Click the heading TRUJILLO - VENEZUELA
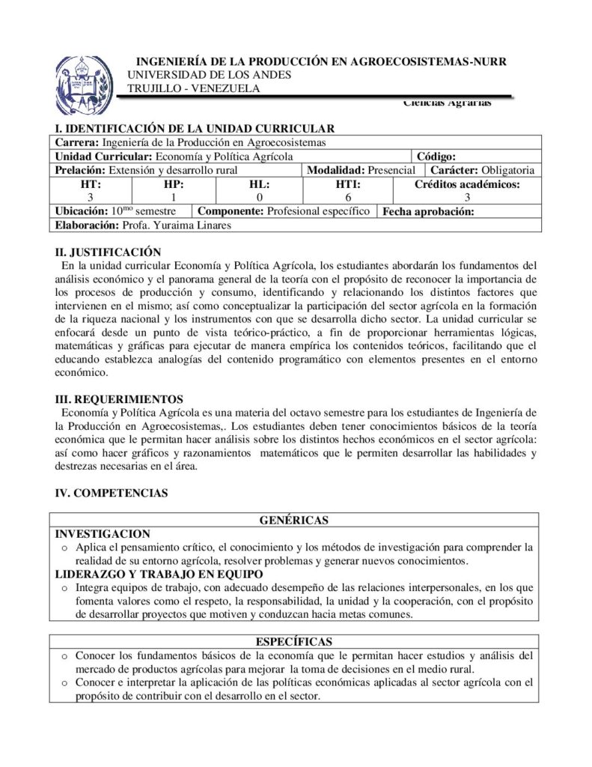pos(194,88)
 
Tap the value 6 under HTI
pos(348,198)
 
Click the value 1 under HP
pos(173,198)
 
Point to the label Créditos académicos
pos(467,184)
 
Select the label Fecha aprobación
pos(429,212)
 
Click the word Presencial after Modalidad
pos(391,171)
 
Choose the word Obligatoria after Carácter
pos(508,171)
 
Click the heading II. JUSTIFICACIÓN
pos(109,252)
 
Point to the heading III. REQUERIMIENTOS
pos(119,399)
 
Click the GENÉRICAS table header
pos(294,520)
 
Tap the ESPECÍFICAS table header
pos(294,642)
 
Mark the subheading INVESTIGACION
pos(103,534)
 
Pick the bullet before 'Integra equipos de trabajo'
pos(64,588)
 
